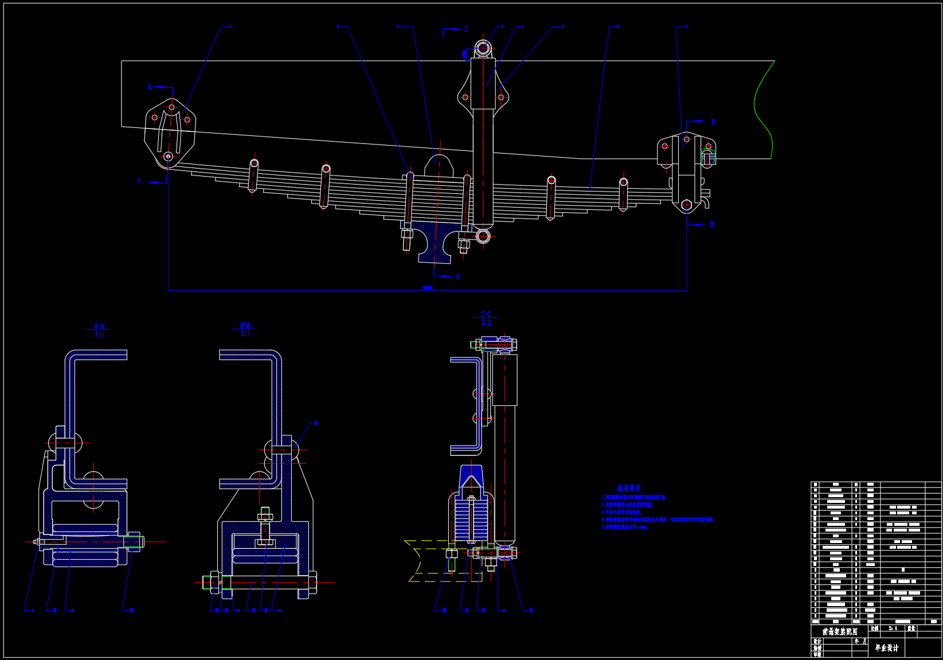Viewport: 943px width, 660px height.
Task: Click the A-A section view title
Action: (x=99, y=326)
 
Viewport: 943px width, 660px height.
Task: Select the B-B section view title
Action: (x=245, y=326)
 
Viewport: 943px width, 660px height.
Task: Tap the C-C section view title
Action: (x=486, y=314)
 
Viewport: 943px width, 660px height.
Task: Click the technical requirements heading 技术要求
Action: (x=629, y=488)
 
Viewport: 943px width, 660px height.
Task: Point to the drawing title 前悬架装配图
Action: (x=840, y=631)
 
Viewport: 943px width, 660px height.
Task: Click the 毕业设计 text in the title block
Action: (x=887, y=648)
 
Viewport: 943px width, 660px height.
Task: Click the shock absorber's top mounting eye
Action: (x=483, y=48)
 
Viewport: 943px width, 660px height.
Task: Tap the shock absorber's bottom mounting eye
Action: (x=483, y=236)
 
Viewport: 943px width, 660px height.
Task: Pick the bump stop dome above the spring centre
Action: (x=439, y=165)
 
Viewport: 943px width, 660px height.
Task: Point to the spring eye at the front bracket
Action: (x=168, y=157)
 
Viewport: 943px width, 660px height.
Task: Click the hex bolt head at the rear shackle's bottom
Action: (x=687, y=205)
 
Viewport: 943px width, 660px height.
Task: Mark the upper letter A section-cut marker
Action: (x=150, y=87)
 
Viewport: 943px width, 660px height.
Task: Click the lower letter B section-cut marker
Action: (x=712, y=225)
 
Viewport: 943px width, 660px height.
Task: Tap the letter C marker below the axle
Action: (x=457, y=277)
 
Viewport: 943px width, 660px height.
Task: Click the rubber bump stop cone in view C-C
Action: (x=471, y=478)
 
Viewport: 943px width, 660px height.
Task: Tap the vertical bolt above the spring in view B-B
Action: (x=265, y=525)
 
